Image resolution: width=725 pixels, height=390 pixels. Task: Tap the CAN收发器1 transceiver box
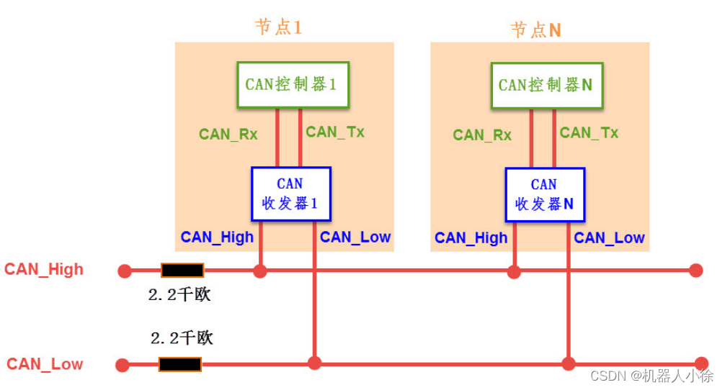(290, 194)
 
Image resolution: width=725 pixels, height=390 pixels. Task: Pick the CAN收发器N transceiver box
(544, 194)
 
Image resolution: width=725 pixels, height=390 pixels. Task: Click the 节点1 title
(278, 27)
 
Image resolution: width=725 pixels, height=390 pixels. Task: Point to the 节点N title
(535, 30)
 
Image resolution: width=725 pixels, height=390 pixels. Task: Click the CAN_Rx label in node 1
(228, 134)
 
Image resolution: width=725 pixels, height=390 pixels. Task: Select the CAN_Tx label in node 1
(335, 132)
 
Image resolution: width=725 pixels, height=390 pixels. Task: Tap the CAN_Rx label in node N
(482, 135)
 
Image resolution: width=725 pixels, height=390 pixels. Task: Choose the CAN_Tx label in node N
(589, 132)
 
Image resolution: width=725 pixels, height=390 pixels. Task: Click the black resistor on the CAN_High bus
(182, 271)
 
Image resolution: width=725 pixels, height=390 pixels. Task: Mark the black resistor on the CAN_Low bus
(180, 364)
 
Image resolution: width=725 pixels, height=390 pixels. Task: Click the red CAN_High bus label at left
(44, 270)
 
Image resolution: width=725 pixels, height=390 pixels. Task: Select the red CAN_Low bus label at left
(45, 364)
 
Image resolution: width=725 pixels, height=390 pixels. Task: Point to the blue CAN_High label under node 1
(217, 237)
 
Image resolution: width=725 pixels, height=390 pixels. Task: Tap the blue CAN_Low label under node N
(609, 237)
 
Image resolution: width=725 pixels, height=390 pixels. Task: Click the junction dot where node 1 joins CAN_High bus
(260, 271)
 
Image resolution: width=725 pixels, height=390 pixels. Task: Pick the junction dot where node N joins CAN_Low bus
(569, 363)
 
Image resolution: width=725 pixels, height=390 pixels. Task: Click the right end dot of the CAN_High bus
(695, 271)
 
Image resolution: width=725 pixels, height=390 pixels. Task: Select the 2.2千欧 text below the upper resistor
(179, 295)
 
